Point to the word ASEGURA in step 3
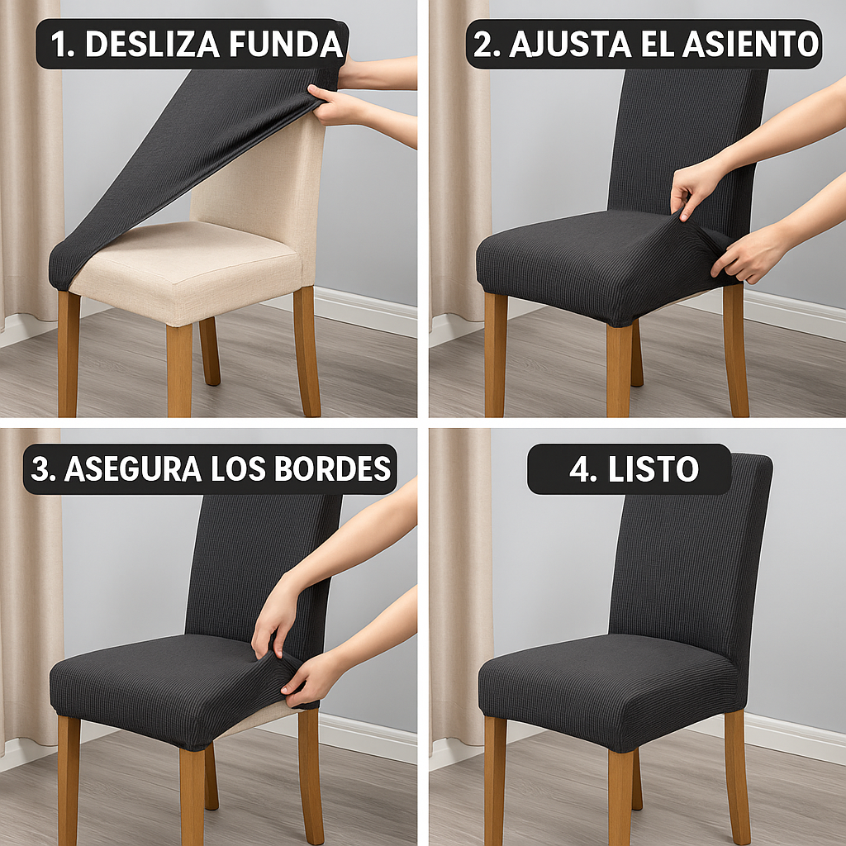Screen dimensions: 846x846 tap(132, 468)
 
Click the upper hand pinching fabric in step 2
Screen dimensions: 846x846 tap(694, 186)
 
